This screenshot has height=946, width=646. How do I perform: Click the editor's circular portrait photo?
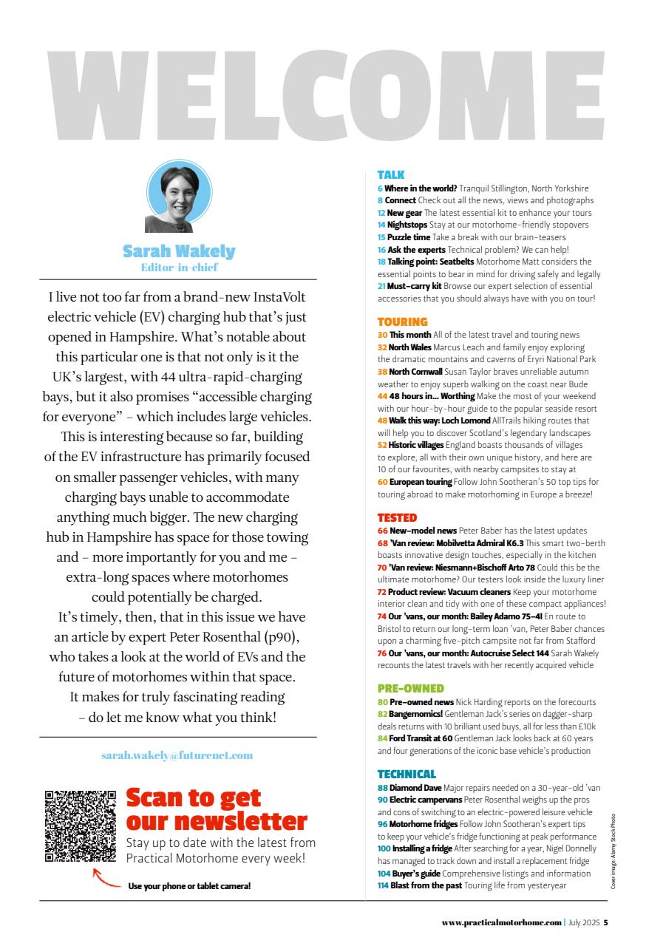click(x=179, y=196)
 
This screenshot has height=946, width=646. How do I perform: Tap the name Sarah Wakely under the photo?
click(x=179, y=252)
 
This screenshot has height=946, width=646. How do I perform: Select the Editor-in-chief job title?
click(x=179, y=268)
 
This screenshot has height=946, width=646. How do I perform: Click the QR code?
click(x=81, y=826)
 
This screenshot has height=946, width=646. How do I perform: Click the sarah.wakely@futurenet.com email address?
click(x=177, y=755)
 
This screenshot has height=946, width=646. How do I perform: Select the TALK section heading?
click(x=391, y=175)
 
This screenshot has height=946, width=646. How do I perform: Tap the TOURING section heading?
click(x=402, y=322)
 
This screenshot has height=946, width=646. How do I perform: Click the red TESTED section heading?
click(x=397, y=518)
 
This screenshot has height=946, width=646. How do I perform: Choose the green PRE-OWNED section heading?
click(x=410, y=689)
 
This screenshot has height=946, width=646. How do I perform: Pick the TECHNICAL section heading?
click(x=407, y=775)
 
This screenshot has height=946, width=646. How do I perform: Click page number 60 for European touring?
click(x=382, y=482)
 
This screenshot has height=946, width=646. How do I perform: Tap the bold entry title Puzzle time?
click(x=408, y=237)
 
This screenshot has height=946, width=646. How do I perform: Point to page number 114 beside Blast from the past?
click(x=383, y=885)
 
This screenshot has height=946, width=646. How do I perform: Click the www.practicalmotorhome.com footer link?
click(x=502, y=922)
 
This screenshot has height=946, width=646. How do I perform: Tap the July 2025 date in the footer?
click(x=583, y=922)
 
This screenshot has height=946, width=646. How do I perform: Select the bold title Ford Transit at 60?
click(x=421, y=738)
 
